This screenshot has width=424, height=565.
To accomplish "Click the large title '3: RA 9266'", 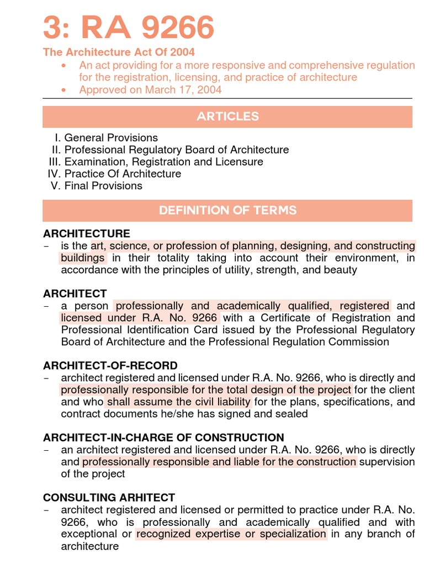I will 129,28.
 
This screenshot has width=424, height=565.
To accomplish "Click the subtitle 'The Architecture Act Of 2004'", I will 119,52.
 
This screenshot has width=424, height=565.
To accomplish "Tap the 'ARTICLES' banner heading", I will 227,116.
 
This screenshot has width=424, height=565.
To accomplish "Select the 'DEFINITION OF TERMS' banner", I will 227,210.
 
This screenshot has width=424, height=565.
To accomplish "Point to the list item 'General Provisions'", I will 111,138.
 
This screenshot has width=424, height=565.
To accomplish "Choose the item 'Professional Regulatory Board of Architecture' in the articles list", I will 177,150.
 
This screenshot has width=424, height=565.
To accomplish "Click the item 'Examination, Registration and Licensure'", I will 164,162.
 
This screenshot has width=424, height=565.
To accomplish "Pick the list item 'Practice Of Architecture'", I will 123,174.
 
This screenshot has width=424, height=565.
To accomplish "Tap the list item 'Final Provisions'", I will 103,186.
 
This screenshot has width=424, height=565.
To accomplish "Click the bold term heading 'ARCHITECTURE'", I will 87,233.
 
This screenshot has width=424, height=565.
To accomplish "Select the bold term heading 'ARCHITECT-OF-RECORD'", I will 110,366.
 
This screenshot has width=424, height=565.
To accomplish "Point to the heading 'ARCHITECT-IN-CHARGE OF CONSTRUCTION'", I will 163,438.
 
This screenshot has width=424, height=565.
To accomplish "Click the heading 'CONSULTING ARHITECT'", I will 109,498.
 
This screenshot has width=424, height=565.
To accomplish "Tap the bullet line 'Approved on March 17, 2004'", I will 150,90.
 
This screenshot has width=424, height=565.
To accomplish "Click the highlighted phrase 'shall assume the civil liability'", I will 179,402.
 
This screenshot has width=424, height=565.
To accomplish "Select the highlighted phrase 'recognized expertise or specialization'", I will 231,534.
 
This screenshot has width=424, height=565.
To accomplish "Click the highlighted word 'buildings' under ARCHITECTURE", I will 83,258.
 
